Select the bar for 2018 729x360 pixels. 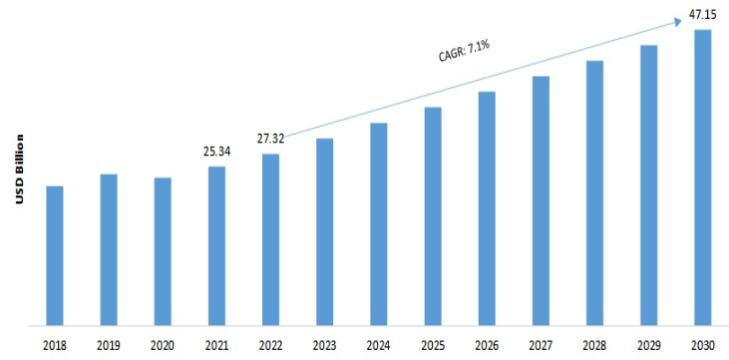pyautogui.click(x=55, y=255)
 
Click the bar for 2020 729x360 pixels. pyautogui.click(x=163, y=251)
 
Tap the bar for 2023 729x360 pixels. pyautogui.click(x=325, y=231)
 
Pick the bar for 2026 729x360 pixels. pyautogui.click(x=487, y=208)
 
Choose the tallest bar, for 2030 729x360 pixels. pyautogui.click(x=702, y=178)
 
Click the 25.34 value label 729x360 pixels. pyautogui.click(x=216, y=153)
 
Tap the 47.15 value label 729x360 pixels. pyautogui.click(x=702, y=15)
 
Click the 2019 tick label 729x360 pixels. pyautogui.click(x=109, y=345)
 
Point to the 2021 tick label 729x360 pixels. pyautogui.click(x=216, y=345)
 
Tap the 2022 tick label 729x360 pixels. pyautogui.click(x=271, y=345)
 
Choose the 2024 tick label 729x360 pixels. pyautogui.click(x=379, y=345)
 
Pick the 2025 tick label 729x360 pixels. pyautogui.click(x=433, y=345)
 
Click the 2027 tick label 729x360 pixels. pyautogui.click(x=541, y=345)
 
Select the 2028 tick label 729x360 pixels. pyautogui.click(x=594, y=345)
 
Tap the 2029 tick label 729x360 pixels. pyautogui.click(x=648, y=345)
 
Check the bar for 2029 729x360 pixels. pyautogui.click(x=648, y=185)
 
